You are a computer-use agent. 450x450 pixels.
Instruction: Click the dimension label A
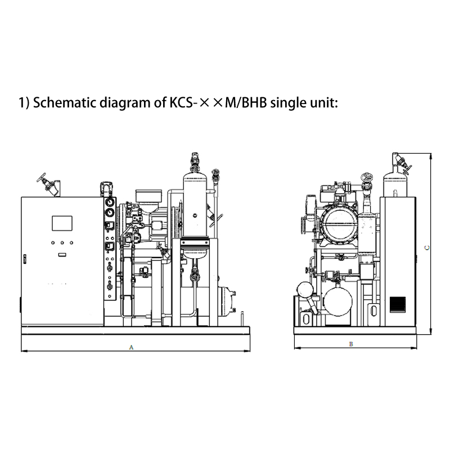pos(131,347)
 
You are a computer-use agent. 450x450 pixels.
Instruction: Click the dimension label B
pos(350,344)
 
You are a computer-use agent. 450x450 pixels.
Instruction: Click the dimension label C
pos(427,247)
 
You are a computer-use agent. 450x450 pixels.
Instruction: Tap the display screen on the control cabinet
pos(62,223)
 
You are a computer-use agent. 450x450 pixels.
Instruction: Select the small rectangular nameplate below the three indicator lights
pos(62,255)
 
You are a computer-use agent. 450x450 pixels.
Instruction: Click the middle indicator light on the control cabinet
pos(62,242)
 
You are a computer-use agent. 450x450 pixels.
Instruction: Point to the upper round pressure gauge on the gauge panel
pos(109,202)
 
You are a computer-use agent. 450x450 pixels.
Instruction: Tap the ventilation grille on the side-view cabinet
pos(398,304)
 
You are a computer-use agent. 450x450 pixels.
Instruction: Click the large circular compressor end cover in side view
pos(340,224)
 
